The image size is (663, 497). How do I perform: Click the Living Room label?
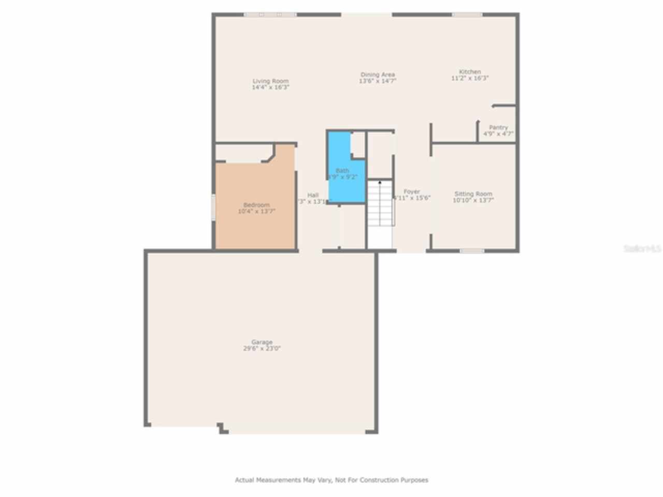[x=270, y=81]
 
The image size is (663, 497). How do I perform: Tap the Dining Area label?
[x=378, y=75]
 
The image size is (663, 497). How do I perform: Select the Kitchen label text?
[x=470, y=71]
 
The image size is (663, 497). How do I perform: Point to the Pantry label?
[x=498, y=127]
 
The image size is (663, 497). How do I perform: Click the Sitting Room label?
[x=473, y=194]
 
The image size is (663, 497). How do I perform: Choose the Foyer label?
[x=412, y=192]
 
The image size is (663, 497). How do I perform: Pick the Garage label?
[x=262, y=342]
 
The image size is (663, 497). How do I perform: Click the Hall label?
[x=313, y=195]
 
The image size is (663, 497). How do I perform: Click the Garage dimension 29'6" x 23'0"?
[x=262, y=348]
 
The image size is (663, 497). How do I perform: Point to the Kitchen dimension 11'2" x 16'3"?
[x=470, y=78]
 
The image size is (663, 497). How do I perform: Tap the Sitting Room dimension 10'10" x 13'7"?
[x=473, y=200]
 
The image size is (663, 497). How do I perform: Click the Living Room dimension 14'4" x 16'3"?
[x=270, y=87]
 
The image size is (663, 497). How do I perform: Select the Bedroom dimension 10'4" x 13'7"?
[x=256, y=211]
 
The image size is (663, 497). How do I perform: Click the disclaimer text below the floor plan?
[x=331, y=480]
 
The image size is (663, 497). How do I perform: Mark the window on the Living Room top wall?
[x=270, y=14]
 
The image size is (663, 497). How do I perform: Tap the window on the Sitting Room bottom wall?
[x=472, y=251]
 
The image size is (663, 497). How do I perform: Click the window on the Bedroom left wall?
[x=213, y=207]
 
